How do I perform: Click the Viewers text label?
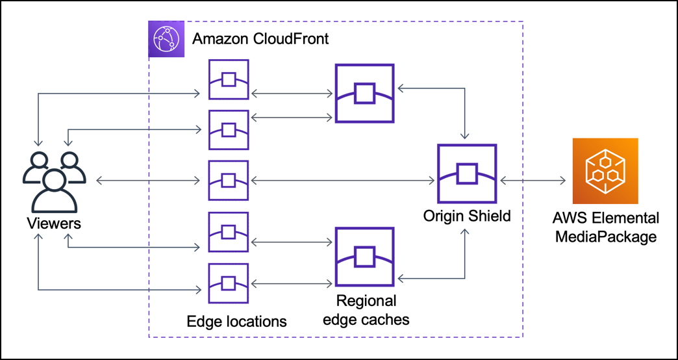54,224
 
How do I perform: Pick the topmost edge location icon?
228,79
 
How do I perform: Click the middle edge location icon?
228,180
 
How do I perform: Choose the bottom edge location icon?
228,283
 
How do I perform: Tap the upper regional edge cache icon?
364,94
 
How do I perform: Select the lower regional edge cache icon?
364,256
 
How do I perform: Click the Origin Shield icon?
467,174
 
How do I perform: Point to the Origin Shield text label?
467,215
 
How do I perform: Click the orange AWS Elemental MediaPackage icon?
605,171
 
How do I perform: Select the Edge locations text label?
236,321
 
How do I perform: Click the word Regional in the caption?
366,302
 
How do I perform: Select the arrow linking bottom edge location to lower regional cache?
291,283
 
